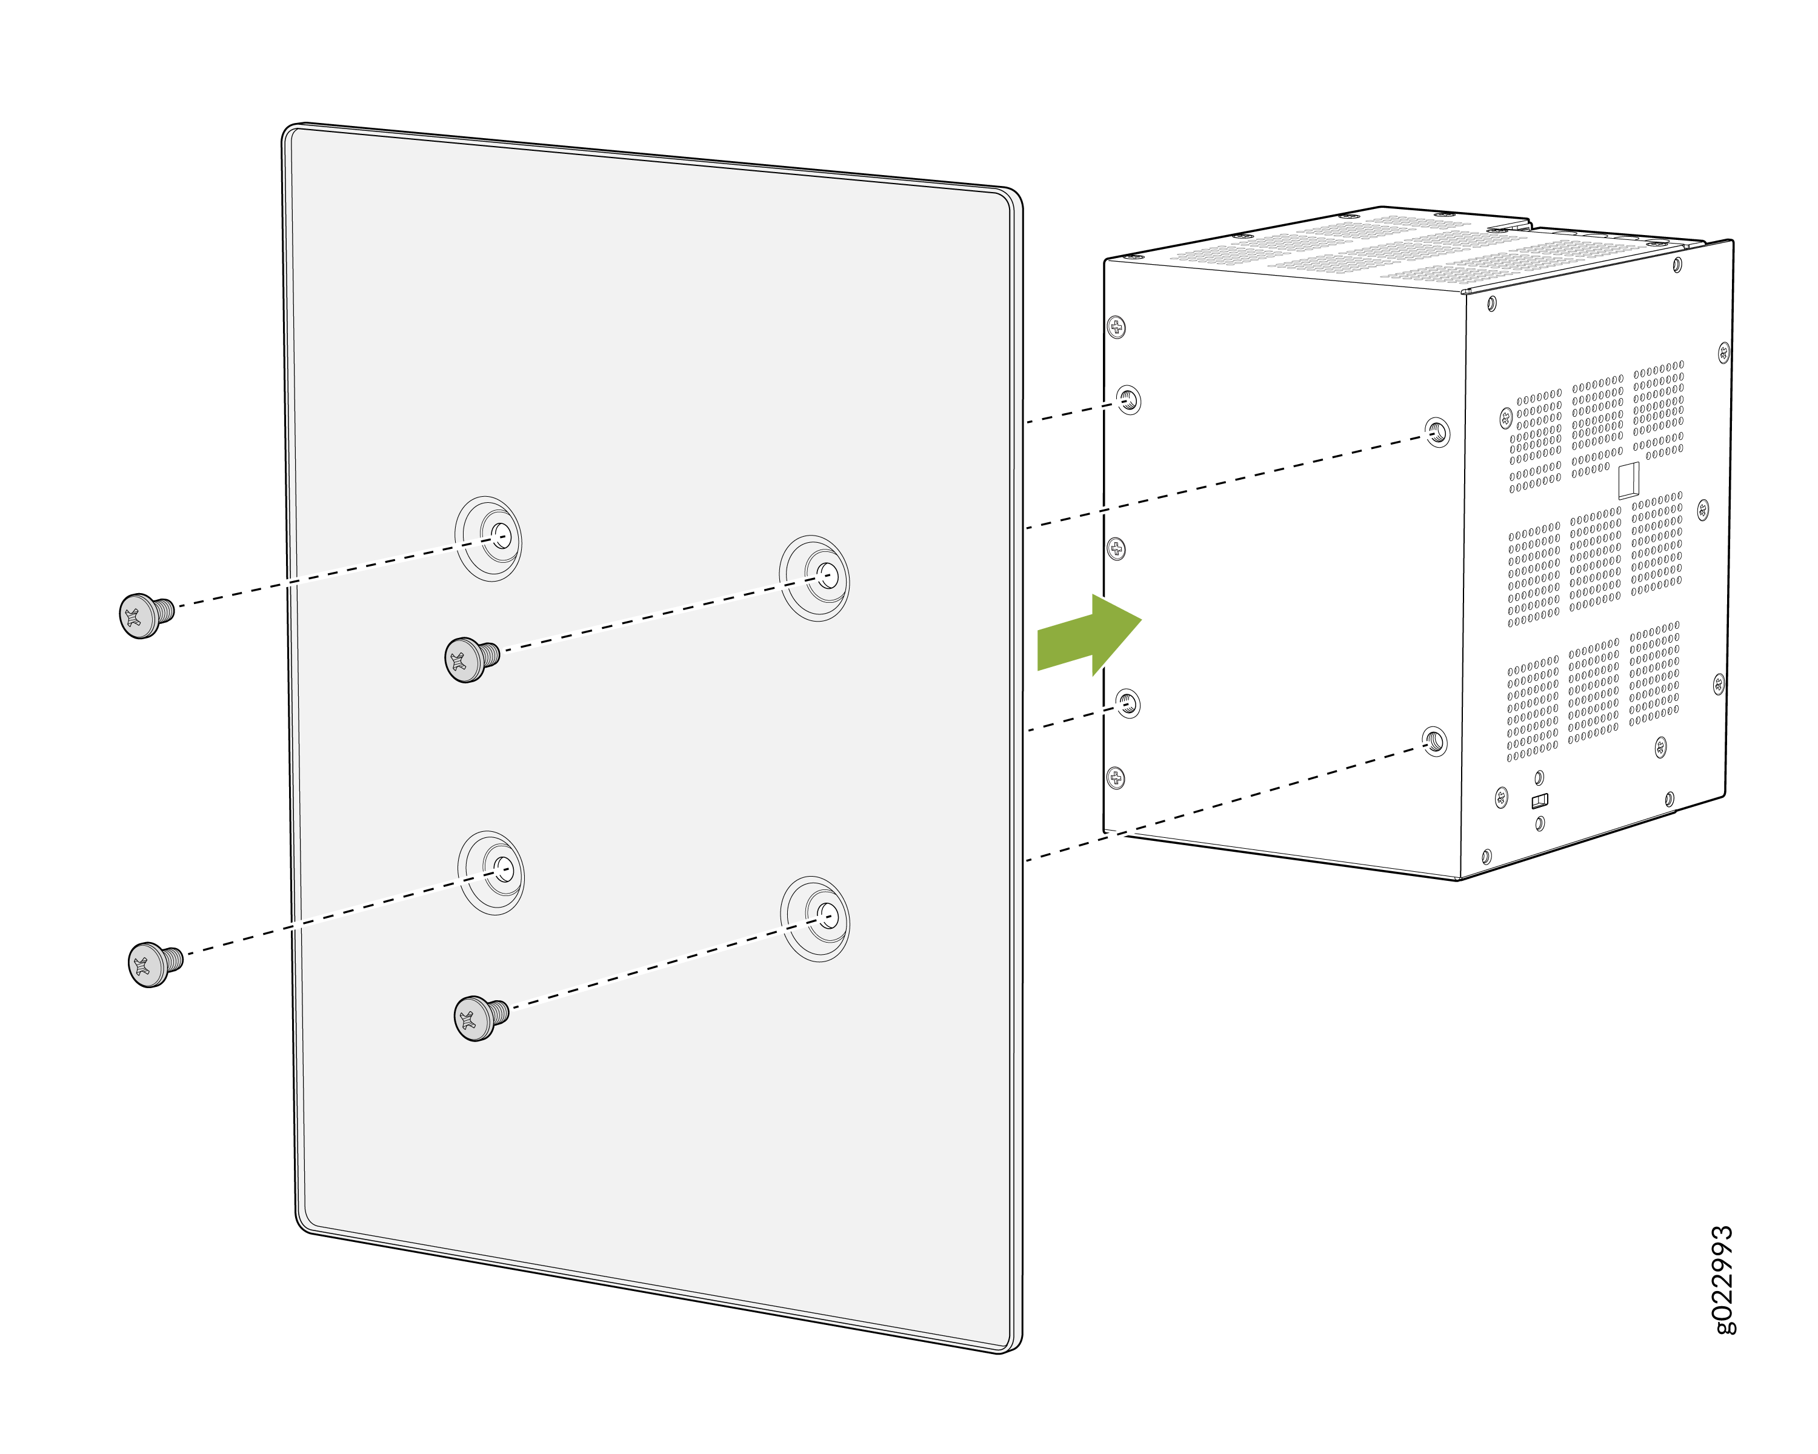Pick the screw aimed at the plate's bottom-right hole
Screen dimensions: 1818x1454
tap(481, 1018)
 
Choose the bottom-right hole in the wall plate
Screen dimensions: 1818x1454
tap(827, 915)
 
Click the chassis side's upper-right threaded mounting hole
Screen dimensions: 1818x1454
tap(1437, 433)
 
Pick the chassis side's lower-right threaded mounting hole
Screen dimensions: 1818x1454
tap(1434, 741)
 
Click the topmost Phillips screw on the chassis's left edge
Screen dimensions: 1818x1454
tap(1116, 327)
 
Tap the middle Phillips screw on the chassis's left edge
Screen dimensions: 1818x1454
tap(1116, 549)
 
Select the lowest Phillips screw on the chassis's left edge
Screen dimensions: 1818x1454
tap(1116, 777)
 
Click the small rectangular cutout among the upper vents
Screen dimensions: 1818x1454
tap(1628, 480)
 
